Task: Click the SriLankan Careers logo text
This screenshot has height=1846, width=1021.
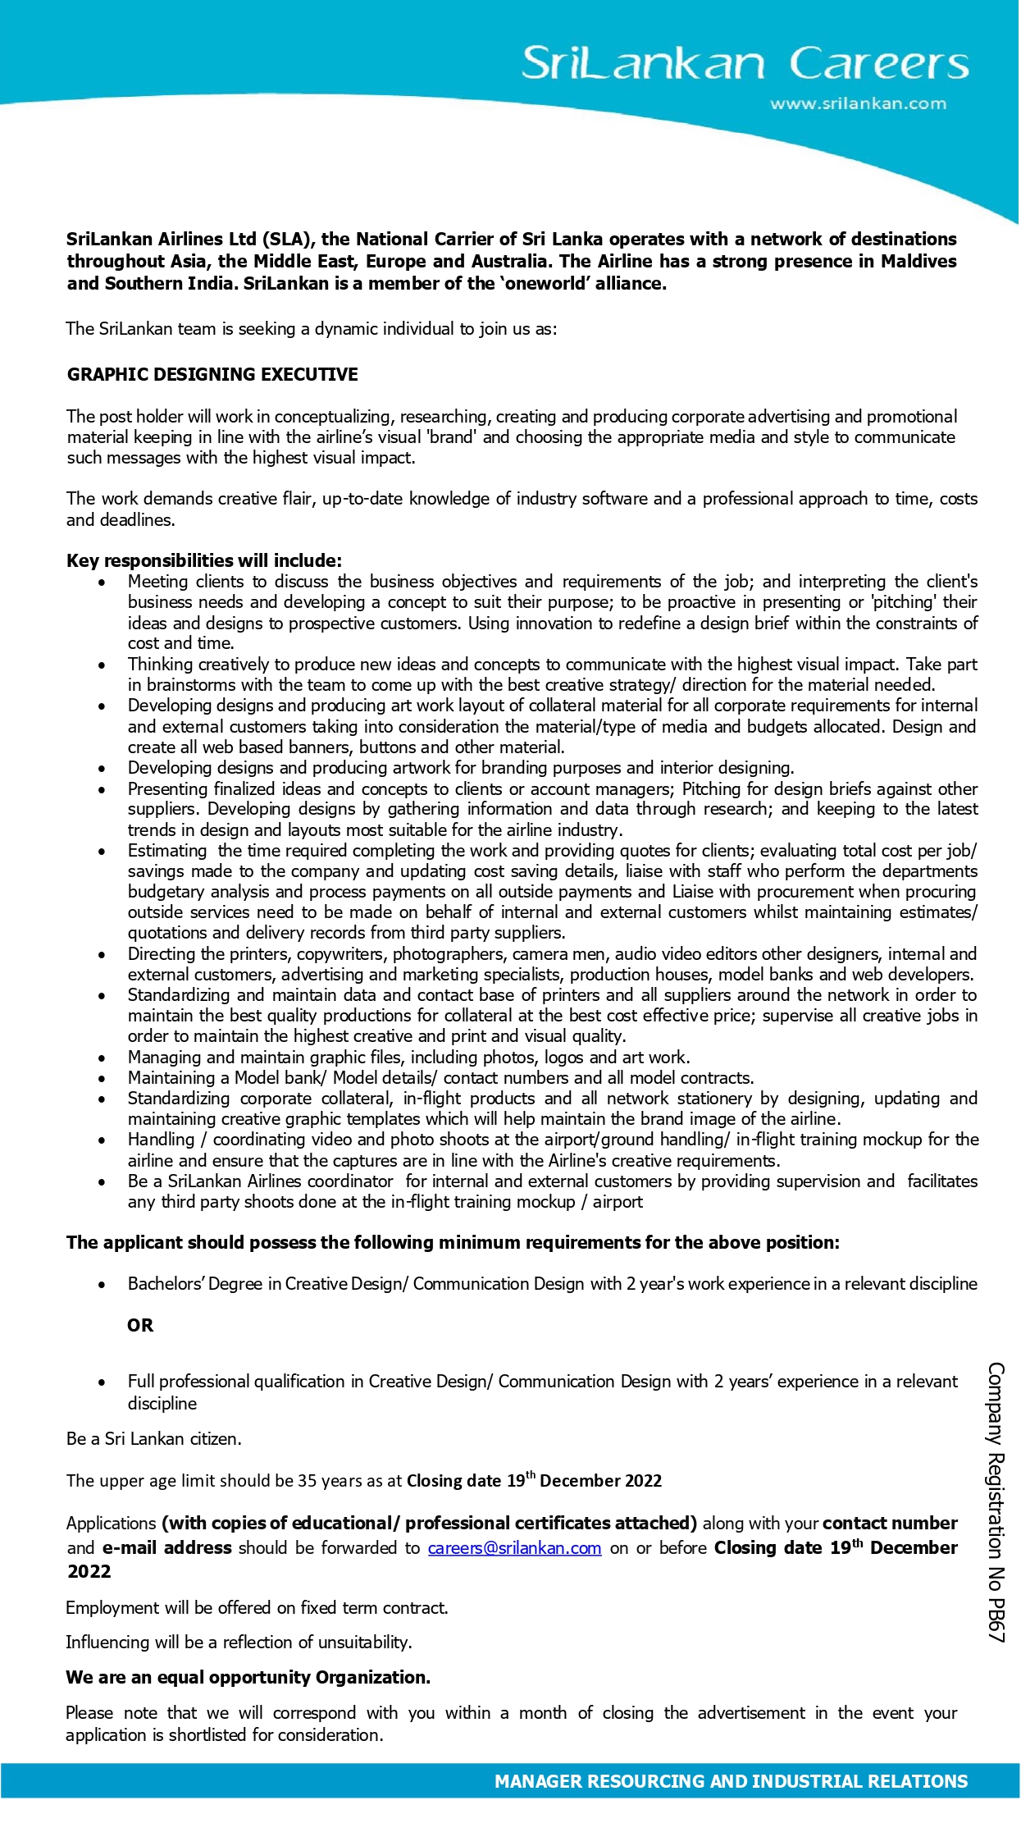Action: click(745, 63)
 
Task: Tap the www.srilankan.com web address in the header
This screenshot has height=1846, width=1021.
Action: click(858, 104)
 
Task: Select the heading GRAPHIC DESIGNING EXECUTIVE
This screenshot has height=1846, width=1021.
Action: click(212, 375)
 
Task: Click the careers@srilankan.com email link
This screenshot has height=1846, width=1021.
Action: click(514, 1548)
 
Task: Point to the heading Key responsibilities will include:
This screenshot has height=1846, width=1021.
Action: click(204, 560)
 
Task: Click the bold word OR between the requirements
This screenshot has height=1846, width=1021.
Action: click(140, 1325)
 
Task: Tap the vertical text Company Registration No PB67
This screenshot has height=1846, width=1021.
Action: click(996, 1502)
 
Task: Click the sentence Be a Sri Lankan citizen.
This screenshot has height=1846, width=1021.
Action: click(154, 1438)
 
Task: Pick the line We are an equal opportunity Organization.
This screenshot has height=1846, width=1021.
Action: click(248, 1677)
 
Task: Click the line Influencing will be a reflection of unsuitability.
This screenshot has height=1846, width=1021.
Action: click(239, 1642)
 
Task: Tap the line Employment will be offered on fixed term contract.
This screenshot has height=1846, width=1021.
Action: click(257, 1607)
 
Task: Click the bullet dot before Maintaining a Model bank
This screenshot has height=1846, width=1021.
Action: click(102, 1079)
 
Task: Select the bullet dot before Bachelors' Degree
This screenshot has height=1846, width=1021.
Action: click(102, 1285)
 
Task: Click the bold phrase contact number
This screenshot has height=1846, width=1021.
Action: click(890, 1524)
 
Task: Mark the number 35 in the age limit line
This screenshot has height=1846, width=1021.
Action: click(307, 1481)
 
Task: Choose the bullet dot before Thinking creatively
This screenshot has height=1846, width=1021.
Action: click(102, 665)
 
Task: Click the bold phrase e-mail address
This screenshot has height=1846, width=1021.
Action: click(166, 1548)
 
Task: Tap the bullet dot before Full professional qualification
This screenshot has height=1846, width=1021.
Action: click(102, 1382)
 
